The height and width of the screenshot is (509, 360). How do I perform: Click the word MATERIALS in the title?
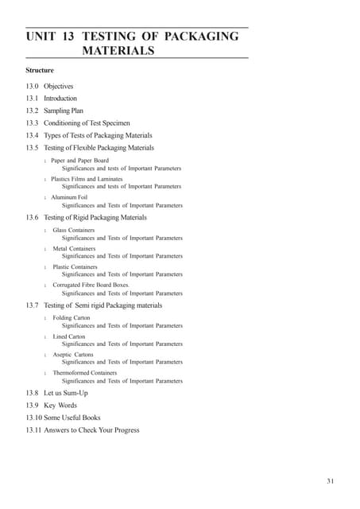(x=118, y=51)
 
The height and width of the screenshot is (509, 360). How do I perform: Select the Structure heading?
(x=40, y=70)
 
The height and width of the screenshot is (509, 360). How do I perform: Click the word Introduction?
(x=60, y=98)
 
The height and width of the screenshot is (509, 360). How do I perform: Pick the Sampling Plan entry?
(x=63, y=111)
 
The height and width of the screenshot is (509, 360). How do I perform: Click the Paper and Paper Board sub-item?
(x=80, y=160)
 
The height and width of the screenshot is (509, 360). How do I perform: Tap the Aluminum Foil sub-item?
(x=70, y=196)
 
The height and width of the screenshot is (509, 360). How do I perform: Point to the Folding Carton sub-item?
(x=72, y=317)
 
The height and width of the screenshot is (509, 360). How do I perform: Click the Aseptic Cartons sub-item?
(x=73, y=354)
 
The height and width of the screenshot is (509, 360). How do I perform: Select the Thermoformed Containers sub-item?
(x=85, y=372)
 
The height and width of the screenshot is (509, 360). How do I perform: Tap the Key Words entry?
(x=60, y=405)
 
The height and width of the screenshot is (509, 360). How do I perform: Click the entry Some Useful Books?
(x=72, y=418)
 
